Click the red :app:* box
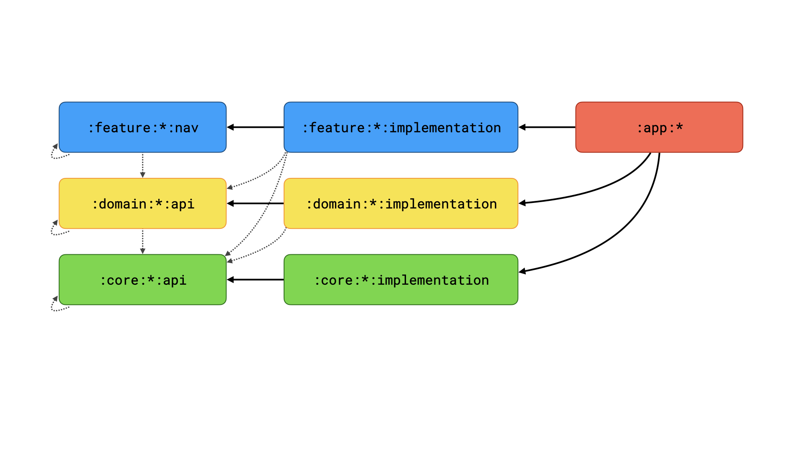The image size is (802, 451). (x=659, y=127)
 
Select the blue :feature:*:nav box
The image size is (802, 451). (x=142, y=127)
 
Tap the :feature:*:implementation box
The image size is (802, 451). (x=401, y=127)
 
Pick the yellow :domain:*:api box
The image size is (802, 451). (x=142, y=203)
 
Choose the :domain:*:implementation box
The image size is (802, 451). (x=401, y=203)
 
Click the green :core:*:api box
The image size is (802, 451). (x=142, y=280)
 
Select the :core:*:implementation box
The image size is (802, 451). (x=401, y=280)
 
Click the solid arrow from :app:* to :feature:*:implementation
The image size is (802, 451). (x=547, y=127)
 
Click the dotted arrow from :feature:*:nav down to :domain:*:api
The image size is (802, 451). (x=142, y=165)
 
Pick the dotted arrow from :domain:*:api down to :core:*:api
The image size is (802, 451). (x=142, y=241)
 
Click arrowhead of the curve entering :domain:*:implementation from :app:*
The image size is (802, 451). (x=522, y=203)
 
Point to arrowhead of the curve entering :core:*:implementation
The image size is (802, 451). (x=522, y=271)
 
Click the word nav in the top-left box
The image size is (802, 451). (x=186, y=128)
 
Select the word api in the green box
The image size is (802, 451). (x=175, y=281)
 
